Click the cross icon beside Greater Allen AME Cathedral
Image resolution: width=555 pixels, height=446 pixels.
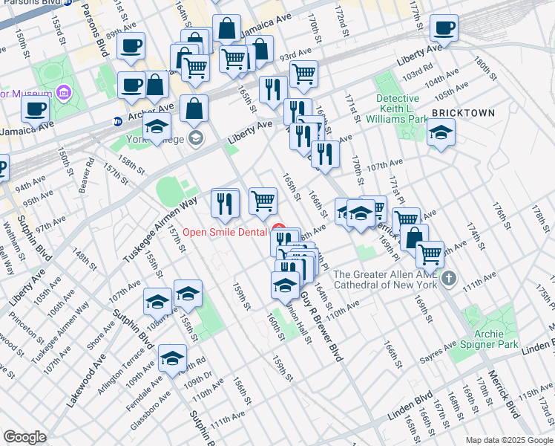coord(447,279)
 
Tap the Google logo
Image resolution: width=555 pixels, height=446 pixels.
coord(25,437)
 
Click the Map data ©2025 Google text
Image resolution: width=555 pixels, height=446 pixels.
coord(509,440)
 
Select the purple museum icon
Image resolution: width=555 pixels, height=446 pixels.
coord(63,94)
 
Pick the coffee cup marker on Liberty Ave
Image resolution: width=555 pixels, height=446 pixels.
coord(444,28)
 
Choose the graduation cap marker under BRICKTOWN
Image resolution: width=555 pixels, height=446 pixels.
coord(441,133)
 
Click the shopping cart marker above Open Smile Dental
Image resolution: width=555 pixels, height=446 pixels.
coord(263,201)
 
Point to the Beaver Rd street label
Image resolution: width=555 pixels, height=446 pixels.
coord(86,173)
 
